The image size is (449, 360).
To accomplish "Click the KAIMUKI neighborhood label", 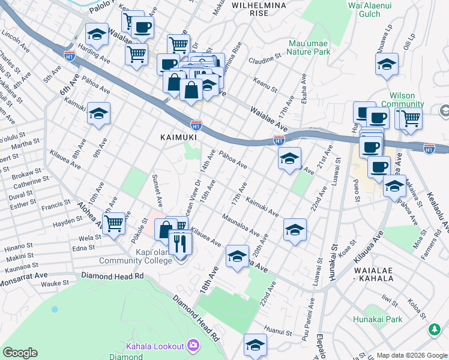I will (175, 137).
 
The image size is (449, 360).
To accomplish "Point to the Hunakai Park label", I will (378, 319).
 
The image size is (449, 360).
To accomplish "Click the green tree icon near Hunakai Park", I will (432, 329).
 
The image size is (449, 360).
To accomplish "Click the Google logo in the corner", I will (20, 352).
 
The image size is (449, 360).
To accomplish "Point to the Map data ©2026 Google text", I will (412, 355).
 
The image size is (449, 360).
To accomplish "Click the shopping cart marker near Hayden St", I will (113, 223).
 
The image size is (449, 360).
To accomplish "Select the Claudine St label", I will (266, 61).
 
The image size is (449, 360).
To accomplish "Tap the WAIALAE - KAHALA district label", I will (373, 275).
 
